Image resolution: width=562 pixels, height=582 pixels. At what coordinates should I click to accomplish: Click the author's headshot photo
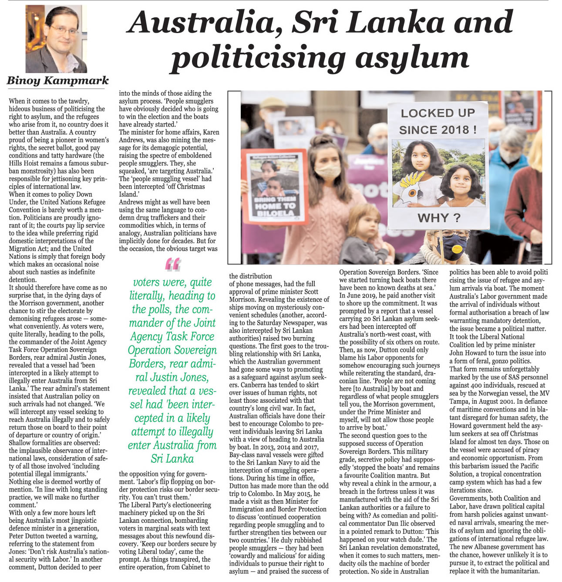click(56, 39)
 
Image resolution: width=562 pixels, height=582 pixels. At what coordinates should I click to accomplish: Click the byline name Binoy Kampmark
click(57, 81)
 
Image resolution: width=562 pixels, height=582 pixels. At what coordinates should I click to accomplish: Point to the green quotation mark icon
click(173, 264)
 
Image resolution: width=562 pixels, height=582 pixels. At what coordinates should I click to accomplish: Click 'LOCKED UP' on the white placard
click(437, 113)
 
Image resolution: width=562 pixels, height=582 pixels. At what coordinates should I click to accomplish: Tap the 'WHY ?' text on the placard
click(439, 217)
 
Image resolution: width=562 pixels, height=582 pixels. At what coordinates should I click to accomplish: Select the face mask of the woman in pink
click(327, 171)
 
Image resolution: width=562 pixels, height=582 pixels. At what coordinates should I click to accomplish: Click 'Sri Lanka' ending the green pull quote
click(172, 458)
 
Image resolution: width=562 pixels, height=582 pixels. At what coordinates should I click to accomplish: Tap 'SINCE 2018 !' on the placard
click(437, 130)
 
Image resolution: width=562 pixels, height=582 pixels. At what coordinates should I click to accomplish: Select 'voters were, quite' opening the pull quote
click(172, 282)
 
